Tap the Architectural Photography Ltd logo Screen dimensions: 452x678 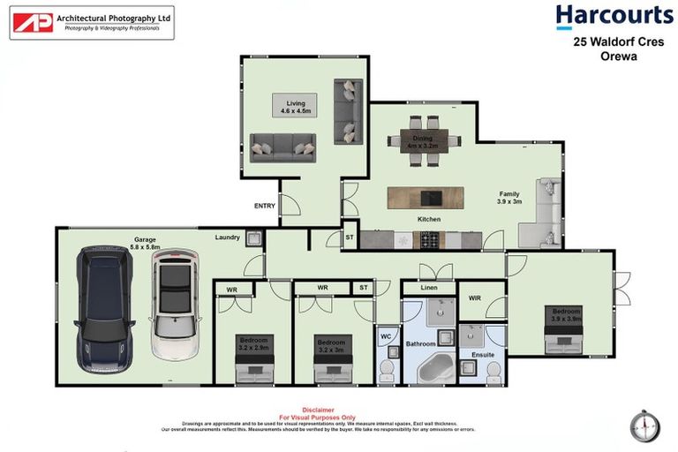pyautogui.click(x=92, y=23)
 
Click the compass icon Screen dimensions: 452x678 pyautogui.click(x=644, y=426)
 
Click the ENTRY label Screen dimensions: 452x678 pyautogui.click(x=264, y=206)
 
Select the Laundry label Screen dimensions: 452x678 pyautogui.click(x=227, y=237)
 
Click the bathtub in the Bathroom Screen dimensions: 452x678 pyautogui.click(x=433, y=366)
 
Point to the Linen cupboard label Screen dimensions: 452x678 pyautogui.click(x=428, y=289)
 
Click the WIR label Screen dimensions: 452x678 pyautogui.click(x=474, y=298)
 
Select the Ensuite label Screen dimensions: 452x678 pyautogui.click(x=482, y=355)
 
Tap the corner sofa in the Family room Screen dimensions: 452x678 pyautogui.click(x=543, y=215)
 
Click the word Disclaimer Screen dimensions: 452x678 pyautogui.click(x=317, y=410)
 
